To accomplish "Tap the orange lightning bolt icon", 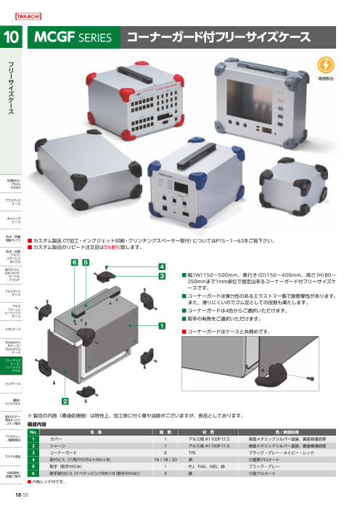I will click(x=323, y=62).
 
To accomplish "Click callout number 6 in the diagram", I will click(x=74, y=261).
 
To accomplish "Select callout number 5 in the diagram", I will click(x=86, y=261).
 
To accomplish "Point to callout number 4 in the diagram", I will click(x=163, y=267).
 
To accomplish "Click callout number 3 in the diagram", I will click(x=163, y=277).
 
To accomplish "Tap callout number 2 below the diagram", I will click(x=65, y=400).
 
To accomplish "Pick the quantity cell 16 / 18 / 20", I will click(x=165, y=459).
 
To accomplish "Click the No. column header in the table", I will click(x=33, y=431).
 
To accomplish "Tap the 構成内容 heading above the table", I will click(x=37, y=423).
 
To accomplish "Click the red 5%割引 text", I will click(x=109, y=248).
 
